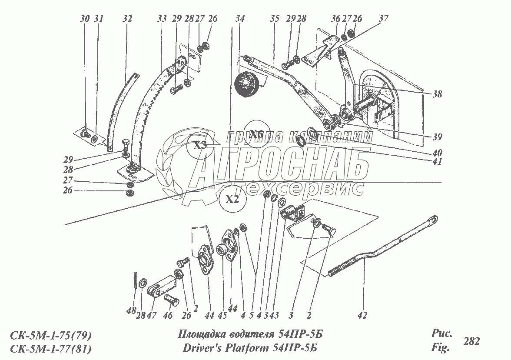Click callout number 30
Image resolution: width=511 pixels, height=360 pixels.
coord(85,19)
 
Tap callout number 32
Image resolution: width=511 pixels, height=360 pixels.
coord(127,19)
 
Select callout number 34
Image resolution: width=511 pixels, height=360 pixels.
coord(240,19)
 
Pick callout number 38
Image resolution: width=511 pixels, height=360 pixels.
coord(437,93)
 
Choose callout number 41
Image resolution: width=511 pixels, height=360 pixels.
coord(437,162)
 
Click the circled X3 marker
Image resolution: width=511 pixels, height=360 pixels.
coord(199,146)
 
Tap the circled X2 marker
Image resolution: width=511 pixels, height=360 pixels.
coord(233,200)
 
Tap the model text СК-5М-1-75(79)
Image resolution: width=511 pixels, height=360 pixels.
coord(50,335)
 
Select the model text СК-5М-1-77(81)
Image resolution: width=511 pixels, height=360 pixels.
coord(50,348)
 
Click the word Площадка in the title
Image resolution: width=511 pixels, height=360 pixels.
coord(201,334)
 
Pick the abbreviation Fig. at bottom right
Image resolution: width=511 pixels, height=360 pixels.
coord(440,348)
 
